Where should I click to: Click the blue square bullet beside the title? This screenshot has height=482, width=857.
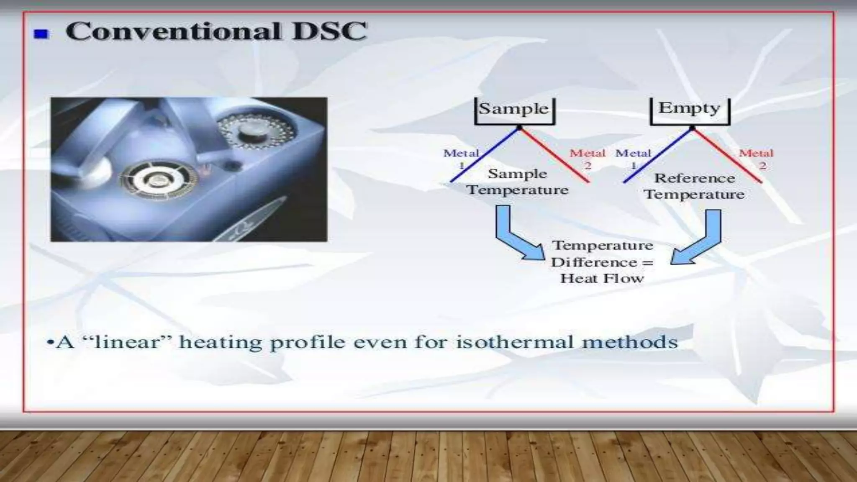tap(41, 33)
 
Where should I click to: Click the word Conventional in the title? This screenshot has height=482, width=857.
tap(173, 31)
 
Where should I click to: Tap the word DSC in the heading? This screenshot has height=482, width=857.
tap(330, 31)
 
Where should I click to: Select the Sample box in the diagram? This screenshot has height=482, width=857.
tap(514, 110)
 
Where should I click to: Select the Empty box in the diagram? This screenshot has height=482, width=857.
tap(690, 109)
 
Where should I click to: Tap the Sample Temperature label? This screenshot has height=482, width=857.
tap(518, 182)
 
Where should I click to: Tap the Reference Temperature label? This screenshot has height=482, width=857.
tap(695, 186)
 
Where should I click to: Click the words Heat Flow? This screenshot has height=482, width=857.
tap(602, 278)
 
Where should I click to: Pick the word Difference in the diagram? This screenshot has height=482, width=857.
tap(594, 262)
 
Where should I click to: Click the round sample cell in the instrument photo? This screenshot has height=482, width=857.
tap(159, 180)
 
